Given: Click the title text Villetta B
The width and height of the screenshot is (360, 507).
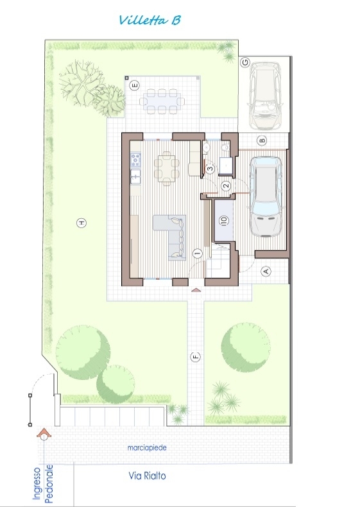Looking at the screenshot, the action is (150, 20).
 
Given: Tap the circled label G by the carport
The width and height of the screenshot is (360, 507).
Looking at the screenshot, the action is (246, 62).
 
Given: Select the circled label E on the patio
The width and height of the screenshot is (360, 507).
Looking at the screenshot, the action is (134, 86).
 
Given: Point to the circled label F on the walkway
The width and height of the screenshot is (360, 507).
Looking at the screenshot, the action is (195, 357).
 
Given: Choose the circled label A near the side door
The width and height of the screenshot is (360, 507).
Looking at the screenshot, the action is (266, 271).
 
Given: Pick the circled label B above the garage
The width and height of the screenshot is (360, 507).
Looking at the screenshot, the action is (262, 141).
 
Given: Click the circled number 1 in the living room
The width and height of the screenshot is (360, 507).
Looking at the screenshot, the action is (197, 254).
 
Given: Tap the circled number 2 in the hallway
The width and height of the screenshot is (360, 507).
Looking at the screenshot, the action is (226, 185).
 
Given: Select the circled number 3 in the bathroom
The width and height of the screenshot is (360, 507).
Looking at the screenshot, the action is (210, 168).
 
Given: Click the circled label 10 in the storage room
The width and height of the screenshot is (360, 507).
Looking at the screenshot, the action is (224, 220).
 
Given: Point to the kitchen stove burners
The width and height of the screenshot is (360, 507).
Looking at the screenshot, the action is (135, 160).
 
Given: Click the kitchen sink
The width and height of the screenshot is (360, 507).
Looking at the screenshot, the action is (135, 176).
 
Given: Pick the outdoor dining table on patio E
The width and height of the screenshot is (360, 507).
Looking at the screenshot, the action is (162, 101).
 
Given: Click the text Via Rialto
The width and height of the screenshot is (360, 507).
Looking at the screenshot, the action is (147, 476).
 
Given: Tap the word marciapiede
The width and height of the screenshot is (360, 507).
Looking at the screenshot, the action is (147, 448).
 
